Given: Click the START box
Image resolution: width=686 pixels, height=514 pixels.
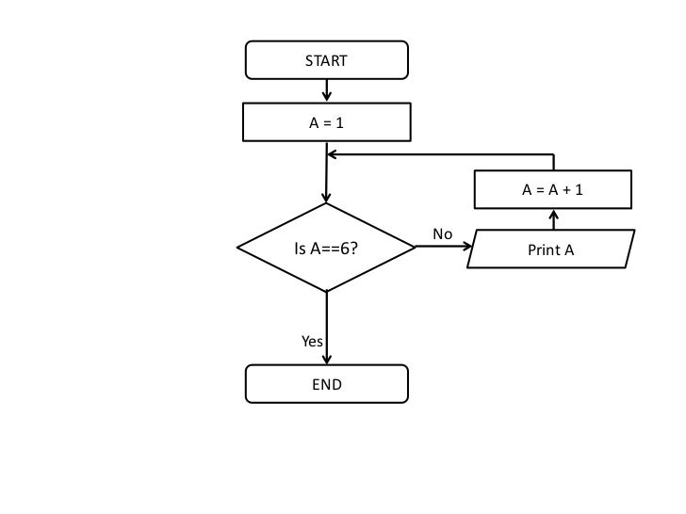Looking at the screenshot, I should point(326,61).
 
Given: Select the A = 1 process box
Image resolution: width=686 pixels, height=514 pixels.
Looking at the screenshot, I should point(326,122).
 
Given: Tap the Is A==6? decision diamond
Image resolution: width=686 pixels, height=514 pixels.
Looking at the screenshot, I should point(326,249).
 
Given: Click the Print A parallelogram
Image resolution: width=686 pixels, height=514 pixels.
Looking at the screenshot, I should point(551,249).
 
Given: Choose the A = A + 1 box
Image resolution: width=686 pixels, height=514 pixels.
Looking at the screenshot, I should point(552,190).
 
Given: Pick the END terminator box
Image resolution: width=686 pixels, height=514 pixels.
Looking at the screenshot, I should point(326,384).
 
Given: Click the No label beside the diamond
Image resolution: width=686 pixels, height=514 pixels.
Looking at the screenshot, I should point(442,233).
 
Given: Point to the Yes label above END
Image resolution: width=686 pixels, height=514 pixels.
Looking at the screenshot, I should point(311,342).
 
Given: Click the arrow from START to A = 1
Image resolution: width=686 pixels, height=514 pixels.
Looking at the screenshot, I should point(327,90).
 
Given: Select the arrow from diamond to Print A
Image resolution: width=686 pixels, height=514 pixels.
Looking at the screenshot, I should point(444,248).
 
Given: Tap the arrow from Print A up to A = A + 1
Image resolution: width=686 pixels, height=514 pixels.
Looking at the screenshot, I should point(553,219).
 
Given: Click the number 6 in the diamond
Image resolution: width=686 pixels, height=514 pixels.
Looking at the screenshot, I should point(347,249).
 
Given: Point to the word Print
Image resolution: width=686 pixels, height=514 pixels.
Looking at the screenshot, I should point(544,250).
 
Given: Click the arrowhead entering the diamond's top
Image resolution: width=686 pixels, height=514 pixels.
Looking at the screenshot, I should point(326,198).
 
